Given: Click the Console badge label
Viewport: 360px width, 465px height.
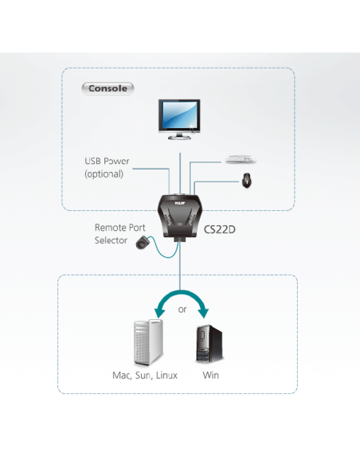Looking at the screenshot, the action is point(108,88).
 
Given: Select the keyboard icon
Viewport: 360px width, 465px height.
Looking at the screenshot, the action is point(241,159).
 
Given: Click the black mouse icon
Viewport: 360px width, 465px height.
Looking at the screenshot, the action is point(246,181).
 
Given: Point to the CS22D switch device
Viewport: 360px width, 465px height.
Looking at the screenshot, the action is point(180,217).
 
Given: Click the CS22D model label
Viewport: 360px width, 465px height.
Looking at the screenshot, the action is point(220,229).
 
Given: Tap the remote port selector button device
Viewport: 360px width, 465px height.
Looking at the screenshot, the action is point(142,242).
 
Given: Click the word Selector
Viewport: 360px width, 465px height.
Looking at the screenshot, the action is point(111,240).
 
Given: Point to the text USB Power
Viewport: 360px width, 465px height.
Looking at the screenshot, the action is point(107,161).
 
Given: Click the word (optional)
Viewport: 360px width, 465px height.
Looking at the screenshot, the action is point(104,174).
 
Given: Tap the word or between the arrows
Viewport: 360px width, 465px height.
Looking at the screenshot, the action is point(182,309).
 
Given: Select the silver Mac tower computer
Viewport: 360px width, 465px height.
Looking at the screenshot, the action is point(148,342).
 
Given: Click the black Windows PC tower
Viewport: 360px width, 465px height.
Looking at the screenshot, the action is point(209,343).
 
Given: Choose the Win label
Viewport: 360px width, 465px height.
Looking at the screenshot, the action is point(211,375).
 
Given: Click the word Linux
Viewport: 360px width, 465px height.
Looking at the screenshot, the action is point(166,375).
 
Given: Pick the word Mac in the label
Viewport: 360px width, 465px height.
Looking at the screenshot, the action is point(122,376).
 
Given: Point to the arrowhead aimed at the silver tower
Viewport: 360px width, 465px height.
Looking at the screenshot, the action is point(159,313).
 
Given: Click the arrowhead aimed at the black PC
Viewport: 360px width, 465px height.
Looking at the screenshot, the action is point(204,313).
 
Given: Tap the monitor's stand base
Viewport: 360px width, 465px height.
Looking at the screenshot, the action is point(179,137).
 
